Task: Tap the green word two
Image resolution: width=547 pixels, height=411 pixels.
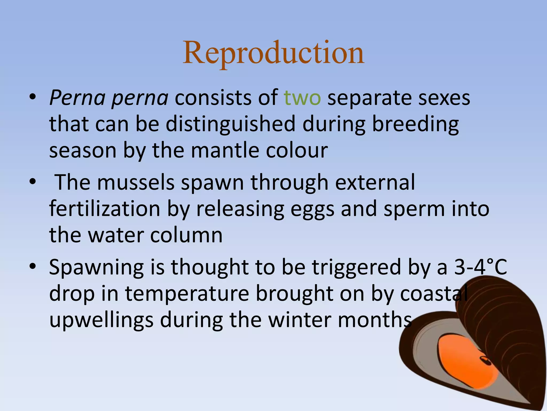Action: coord(302,98)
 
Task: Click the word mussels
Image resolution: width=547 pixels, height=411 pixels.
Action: coord(136,182)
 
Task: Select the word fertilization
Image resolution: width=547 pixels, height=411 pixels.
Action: coord(105,209)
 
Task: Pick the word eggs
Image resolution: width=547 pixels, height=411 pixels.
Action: coord(312,209)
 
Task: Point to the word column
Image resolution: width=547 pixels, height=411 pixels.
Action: coord(186,235)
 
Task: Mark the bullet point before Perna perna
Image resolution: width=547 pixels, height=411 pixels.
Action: coord(33,98)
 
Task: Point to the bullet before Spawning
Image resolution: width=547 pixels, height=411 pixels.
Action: coord(33,267)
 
